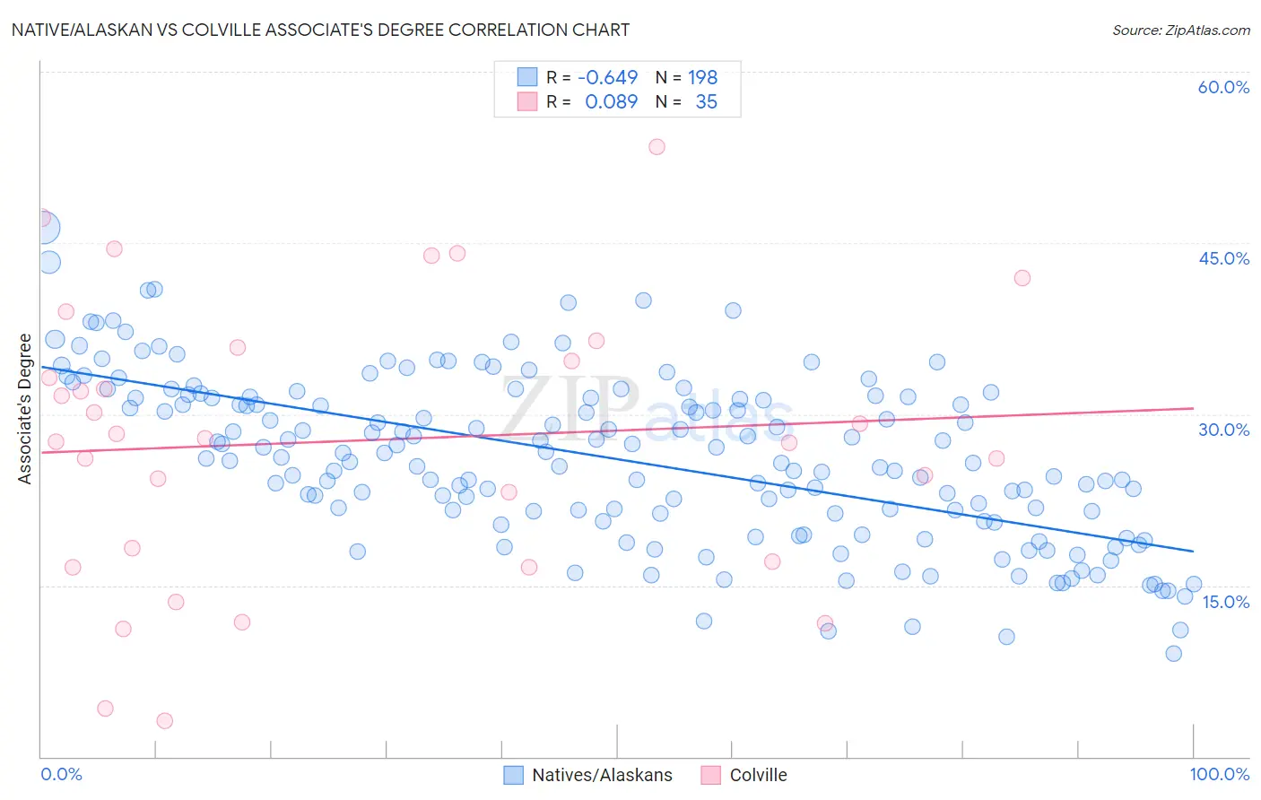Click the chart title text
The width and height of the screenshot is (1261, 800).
tap(320, 30)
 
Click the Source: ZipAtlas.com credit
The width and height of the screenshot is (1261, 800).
tap(1180, 30)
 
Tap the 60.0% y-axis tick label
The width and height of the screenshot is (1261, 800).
tap(1223, 87)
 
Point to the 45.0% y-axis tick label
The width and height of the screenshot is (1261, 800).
tap(1223, 258)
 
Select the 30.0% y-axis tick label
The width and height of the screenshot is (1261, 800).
tap(1223, 430)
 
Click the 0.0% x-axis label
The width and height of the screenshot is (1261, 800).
tap(61, 774)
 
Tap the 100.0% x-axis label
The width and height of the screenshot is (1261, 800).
tap(1219, 774)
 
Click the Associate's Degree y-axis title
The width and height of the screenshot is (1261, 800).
tap(25, 409)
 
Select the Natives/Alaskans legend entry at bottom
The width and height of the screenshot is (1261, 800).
tap(587, 775)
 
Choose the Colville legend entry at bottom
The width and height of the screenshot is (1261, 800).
tap(744, 775)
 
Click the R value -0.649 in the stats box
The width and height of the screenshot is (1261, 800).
tap(607, 77)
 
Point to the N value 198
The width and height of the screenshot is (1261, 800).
tap(702, 77)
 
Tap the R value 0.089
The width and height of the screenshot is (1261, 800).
tap(611, 101)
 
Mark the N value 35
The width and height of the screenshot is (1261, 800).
tap(706, 101)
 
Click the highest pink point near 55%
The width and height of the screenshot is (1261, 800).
tap(657, 146)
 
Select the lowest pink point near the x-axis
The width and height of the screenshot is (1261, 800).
tap(164, 720)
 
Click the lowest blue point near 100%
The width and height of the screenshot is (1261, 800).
tap(1173, 653)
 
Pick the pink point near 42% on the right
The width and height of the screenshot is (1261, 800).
tap(1022, 278)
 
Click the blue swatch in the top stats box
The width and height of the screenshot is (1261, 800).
tap(526, 77)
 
